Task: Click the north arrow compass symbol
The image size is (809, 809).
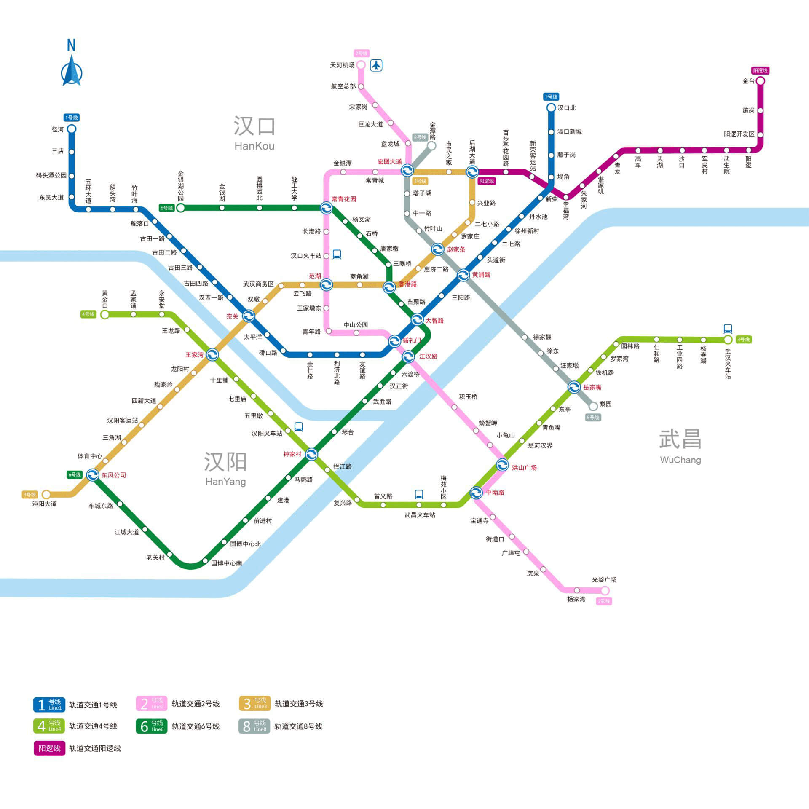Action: pos(72,63)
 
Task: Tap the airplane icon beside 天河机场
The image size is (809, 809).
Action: pos(376,65)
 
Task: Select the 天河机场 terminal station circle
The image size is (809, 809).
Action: pos(361,64)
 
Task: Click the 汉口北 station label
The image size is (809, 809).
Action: pos(566,108)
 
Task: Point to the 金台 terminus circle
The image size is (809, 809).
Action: pos(761,81)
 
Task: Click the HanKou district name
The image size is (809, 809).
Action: pos(254,146)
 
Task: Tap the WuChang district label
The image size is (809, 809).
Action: pos(680,460)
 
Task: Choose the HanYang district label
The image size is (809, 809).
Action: pos(225,482)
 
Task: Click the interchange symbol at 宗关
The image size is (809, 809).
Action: pos(249,316)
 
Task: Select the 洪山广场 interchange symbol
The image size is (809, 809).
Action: pos(502,465)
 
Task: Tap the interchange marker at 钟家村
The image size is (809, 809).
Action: pos(311,454)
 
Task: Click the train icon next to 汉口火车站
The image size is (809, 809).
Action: pos(337,254)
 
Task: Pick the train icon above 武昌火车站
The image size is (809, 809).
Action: pos(419,494)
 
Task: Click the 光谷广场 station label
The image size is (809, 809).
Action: pos(604,580)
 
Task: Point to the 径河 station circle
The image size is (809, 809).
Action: pos(72,129)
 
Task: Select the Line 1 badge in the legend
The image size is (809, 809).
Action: pos(49,705)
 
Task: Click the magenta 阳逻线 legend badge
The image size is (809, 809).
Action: pos(49,748)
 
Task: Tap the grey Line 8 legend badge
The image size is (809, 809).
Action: pos(254,726)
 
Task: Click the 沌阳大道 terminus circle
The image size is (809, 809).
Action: pos(46,494)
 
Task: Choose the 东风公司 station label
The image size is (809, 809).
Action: pos(114,475)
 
